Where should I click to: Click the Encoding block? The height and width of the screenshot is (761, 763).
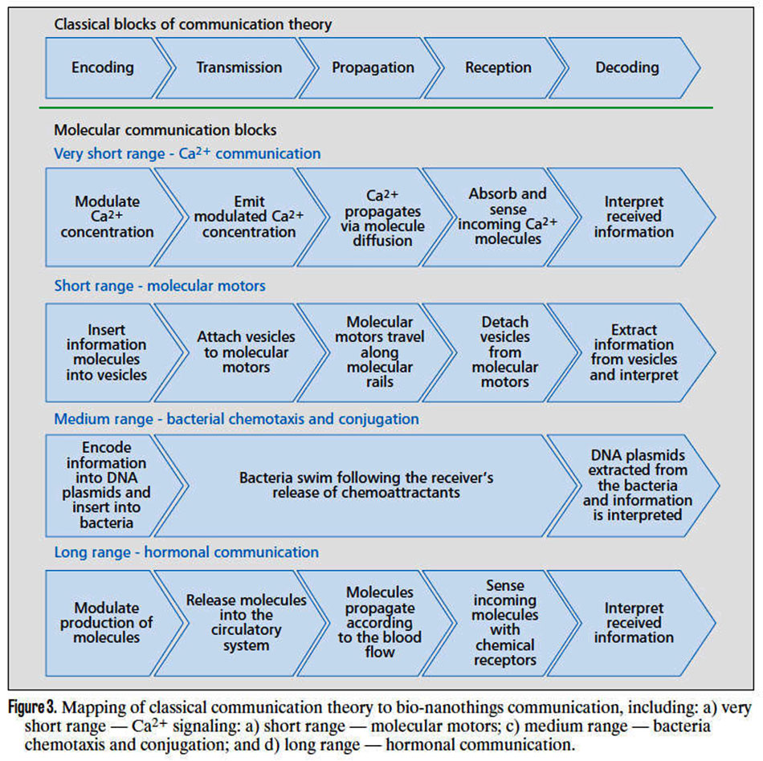[x=103, y=67]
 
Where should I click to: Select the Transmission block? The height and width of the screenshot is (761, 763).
[x=239, y=67]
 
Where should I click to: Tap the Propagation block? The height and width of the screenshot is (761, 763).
[x=373, y=67]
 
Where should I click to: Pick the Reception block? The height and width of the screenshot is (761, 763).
[x=498, y=67]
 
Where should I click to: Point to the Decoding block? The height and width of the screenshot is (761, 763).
[x=627, y=67]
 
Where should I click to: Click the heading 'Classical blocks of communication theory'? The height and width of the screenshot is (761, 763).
[x=193, y=24]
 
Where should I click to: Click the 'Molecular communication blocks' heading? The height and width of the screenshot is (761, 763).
[x=165, y=130]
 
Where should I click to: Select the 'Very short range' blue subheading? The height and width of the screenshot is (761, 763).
[x=187, y=153]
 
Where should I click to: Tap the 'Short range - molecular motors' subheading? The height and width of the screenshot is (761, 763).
[x=160, y=286]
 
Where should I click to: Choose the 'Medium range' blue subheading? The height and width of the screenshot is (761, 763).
[x=236, y=419]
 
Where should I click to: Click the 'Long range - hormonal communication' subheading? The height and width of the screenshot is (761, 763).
[x=186, y=552]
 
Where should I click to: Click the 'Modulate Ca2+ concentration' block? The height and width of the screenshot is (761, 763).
[x=107, y=217]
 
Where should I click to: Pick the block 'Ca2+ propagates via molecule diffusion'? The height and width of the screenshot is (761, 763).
[x=382, y=218]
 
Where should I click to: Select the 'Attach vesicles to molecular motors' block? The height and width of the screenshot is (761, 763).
[x=246, y=352]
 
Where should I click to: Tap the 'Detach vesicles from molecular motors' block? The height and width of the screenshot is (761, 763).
[x=504, y=352]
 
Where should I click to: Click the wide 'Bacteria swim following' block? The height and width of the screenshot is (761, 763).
[x=366, y=486]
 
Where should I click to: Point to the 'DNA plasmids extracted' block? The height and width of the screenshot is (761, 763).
[x=638, y=486]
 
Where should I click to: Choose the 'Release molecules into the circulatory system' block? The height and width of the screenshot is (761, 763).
[x=246, y=623]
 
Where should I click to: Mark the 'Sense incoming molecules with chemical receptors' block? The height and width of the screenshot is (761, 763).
[x=504, y=623]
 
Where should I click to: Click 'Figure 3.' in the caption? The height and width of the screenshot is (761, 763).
[x=33, y=706]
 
